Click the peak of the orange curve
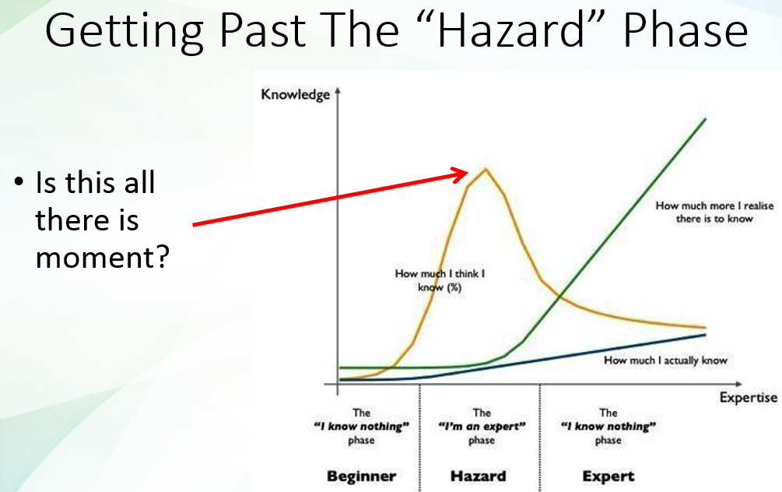(486, 168)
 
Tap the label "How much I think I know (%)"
(444, 280)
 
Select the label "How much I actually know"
(665, 360)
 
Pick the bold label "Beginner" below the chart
(361, 476)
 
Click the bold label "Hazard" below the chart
(478, 476)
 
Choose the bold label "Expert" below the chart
(608, 476)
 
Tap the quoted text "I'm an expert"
(482, 427)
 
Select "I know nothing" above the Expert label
(608, 427)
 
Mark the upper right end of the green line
(705, 118)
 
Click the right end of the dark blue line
(705, 335)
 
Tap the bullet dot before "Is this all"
(18, 184)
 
